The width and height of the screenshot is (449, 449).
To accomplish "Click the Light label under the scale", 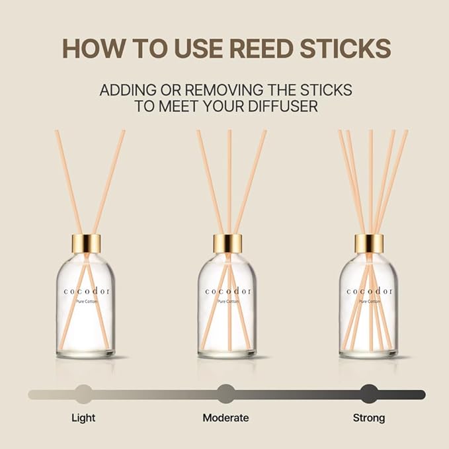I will [83, 418].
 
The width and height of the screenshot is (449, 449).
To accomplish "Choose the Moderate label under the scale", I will [225, 418].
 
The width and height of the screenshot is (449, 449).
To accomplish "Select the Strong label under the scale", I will [368, 418].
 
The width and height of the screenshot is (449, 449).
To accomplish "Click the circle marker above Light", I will [83, 394].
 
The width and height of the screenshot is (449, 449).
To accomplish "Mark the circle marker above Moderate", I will [225, 394].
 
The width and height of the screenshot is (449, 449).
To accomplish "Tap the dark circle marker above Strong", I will [368, 394].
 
